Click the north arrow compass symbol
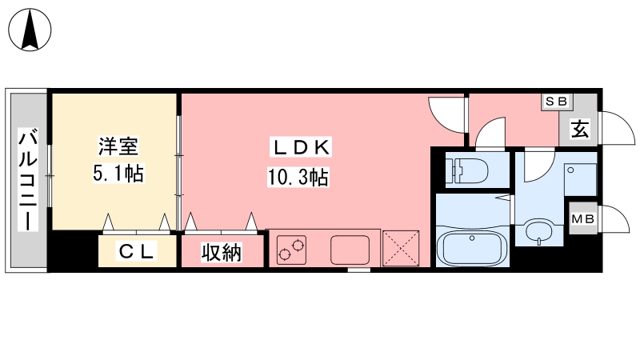click(30, 30)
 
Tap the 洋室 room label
click(118, 146)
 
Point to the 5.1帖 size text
click(118, 174)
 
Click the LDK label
click(301, 147)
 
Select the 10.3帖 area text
click(298, 178)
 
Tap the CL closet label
click(136, 251)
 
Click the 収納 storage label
click(222, 252)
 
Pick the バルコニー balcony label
click(28, 180)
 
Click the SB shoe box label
click(557, 102)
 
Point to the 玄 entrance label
click(580, 130)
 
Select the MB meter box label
click(583, 219)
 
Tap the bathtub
click(472, 248)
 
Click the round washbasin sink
click(539, 231)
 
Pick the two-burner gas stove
click(292, 250)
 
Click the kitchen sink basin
click(350, 250)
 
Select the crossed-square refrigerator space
click(401, 249)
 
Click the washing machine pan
click(581, 179)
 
